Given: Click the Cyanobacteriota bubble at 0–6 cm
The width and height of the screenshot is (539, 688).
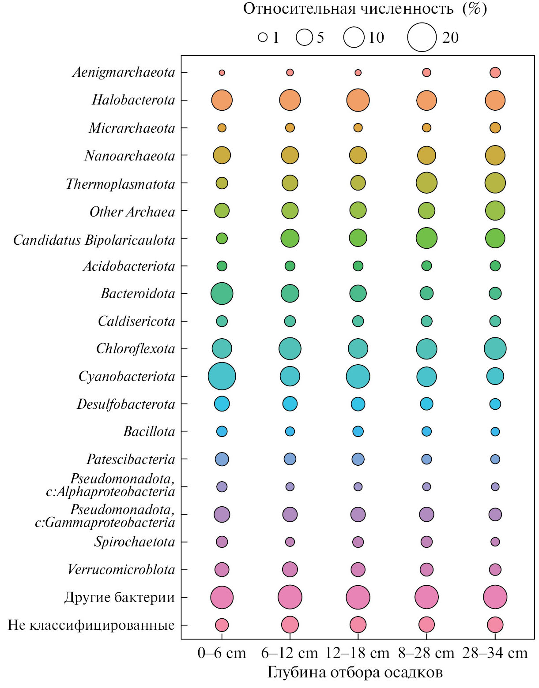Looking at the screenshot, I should click(222, 376).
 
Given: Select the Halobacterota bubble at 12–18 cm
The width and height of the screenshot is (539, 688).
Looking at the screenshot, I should click(358, 100).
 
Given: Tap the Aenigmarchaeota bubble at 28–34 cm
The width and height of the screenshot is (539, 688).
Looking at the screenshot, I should click(495, 72).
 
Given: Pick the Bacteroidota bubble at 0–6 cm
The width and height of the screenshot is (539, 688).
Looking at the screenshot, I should click(222, 293).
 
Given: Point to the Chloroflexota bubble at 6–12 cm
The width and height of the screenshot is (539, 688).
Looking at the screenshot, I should click(290, 348).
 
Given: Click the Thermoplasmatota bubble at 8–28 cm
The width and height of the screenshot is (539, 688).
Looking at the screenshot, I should click(426, 183).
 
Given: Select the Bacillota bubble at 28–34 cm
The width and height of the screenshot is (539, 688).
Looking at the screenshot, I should click(495, 431).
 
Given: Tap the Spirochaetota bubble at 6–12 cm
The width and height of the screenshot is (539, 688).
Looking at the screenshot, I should click(290, 542).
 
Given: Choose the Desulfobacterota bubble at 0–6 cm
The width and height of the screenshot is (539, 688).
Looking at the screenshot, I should click(222, 404).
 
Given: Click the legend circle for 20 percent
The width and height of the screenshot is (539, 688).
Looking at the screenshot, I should click(422, 37).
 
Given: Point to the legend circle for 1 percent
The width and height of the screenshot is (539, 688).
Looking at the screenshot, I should click(263, 37).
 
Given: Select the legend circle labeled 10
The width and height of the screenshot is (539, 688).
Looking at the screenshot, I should click(354, 37).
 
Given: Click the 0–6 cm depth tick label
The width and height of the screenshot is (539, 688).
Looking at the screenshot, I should click(222, 653).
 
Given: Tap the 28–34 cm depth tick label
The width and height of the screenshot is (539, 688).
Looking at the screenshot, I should click(495, 653).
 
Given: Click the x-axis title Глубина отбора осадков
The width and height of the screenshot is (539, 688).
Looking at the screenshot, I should click(355, 673).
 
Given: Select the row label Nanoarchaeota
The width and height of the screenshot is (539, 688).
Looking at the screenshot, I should click(130, 156).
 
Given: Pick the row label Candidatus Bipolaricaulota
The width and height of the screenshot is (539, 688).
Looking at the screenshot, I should click(94, 240).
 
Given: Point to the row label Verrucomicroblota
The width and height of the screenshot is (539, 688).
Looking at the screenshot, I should click(121, 569).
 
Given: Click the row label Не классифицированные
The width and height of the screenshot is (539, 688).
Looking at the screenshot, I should click(91, 625).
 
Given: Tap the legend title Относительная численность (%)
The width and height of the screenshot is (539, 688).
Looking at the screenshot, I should click(365, 9).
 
